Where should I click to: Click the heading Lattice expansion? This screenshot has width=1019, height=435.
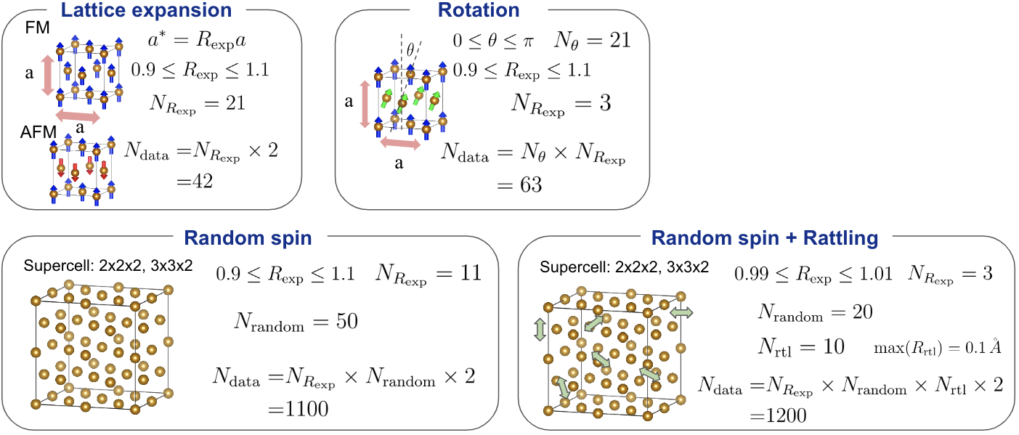pyautogui.click(x=146, y=10)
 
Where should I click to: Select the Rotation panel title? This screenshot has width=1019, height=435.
pyautogui.click(x=479, y=10)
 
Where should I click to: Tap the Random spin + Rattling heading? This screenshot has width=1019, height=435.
pyautogui.click(x=765, y=238)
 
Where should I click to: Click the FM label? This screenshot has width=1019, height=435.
pyautogui.click(x=37, y=28)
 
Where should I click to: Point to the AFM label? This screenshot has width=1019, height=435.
pyautogui.click(x=38, y=132)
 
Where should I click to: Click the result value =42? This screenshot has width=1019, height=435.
pyautogui.click(x=195, y=182)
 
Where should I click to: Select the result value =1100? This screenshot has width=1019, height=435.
pyautogui.click(x=298, y=409)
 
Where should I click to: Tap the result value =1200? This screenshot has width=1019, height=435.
pyautogui.click(x=778, y=415)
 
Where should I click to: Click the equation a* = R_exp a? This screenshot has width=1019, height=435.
pyautogui.click(x=197, y=41)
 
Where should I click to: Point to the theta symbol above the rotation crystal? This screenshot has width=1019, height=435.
pyautogui.click(x=410, y=49)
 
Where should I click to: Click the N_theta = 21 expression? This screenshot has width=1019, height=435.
pyautogui.click(x=592, y=41)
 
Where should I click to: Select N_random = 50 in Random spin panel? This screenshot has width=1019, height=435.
pyautogui.click(x=296, y=322)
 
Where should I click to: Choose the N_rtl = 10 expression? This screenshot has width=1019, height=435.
pyautogui.click(x=801, y=347)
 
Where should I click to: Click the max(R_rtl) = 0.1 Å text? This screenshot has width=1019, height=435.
pyautogui.click(x=938, y=348)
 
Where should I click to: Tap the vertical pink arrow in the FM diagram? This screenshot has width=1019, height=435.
pyautogui.click(x=48, y=75)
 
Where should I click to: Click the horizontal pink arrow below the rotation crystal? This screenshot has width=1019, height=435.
pyautogui.click(x=400, y=143)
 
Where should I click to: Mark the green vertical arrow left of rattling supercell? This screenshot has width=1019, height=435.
pyautogui.click(x=540, y=330)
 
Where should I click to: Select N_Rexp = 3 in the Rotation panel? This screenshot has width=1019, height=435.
pyautogui.click(x=561, y=104)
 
